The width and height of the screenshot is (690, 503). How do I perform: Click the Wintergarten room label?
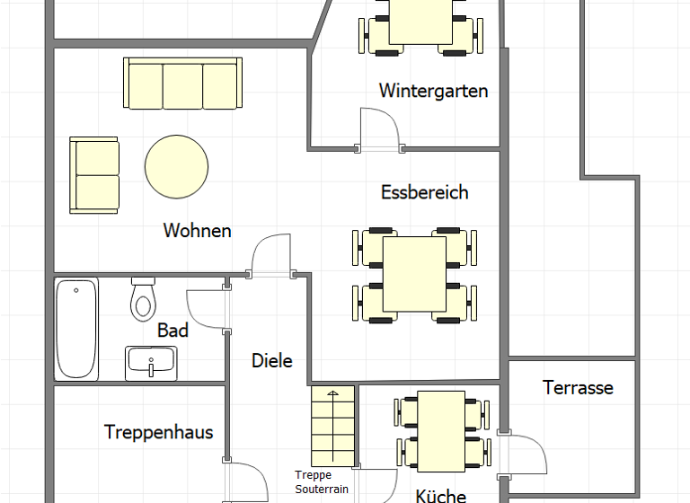click(x=433, y=91)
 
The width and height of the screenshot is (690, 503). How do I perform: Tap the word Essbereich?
click(x=424, y=192)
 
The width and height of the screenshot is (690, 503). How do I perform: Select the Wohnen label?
click(x=197, y=231)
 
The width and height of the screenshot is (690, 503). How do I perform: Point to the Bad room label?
click(x=172, y=331)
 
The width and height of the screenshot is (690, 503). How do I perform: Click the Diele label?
click(x=271, y=361)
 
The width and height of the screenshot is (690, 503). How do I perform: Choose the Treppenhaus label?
click(x=158, y=432)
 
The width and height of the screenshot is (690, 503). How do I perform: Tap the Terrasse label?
click(x=578, y=388)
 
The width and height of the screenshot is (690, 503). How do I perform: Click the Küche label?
click(x=440, y=495)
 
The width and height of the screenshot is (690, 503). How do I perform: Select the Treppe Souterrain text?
click(x=321, y=482)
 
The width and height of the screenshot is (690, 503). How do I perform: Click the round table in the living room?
click(x=177, y=166)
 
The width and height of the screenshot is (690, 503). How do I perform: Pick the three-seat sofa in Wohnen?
click(x=182, y=84)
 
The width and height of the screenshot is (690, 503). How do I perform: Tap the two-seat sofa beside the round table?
click(x=94, y=175)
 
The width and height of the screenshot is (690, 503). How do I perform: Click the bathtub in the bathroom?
click(x=76, y=329)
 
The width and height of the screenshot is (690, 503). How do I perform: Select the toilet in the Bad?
click(x=143, y=299)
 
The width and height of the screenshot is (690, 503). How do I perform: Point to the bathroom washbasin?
click(x=151, y=363)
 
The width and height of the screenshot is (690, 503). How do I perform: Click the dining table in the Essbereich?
click(x=414, y=274)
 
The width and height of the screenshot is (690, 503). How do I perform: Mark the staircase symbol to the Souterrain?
click(x=333, y=424)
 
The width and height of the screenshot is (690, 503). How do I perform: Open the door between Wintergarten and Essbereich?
click(x=377, y=130)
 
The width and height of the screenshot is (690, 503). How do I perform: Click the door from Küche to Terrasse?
click(x=526, y=454)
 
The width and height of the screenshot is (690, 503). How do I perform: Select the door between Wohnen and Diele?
click(x=272, y=256)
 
